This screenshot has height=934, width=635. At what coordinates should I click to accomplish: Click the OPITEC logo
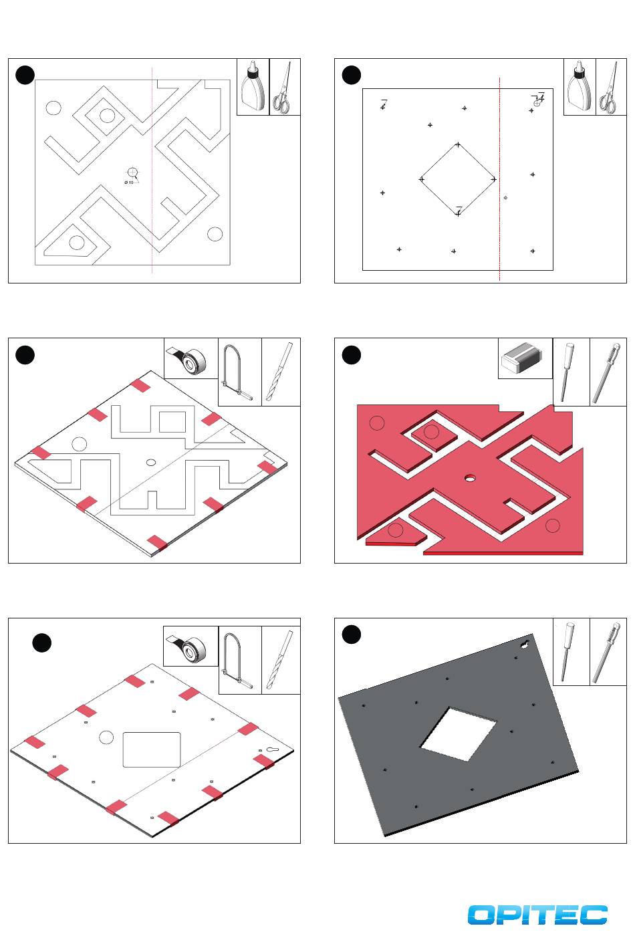tap(537, 915)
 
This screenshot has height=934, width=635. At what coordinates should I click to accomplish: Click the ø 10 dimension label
tap(128, 183)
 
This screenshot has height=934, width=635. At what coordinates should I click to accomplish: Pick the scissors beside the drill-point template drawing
tap(608, 88)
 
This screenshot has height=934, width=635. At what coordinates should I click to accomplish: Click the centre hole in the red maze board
tap(470, 477)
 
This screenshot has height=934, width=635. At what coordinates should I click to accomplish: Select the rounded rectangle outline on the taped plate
tap(151, 749)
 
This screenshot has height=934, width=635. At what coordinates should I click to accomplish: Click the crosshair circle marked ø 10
tap(132, 172)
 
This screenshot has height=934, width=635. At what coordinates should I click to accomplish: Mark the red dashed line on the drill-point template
tap(499, 179)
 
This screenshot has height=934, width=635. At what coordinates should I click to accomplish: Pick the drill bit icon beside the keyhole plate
tap(280, 660)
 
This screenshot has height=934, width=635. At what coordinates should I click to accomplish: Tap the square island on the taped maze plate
tap(172, 422)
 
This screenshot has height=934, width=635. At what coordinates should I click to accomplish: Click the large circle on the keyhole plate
tap(106, 737)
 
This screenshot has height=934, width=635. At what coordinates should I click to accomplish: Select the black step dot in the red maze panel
tap(351, 355)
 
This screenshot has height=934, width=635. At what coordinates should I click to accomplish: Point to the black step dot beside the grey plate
tap(351, 634)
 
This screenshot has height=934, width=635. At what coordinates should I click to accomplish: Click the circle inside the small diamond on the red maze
tap(431, 432)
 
